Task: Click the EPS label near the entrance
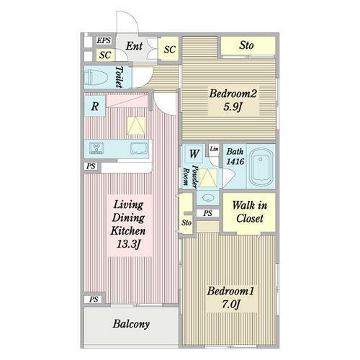tap(104, 40)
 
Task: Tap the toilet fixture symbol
tap(96, 77)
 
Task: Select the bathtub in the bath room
tap(261, 166)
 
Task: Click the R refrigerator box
tap(95, 106)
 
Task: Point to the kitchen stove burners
tap(96, 148)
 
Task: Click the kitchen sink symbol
tap(139, 148)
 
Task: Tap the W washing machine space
tap(194, 154)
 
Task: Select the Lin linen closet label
tap(214, 149)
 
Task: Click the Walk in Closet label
tap(249, 212)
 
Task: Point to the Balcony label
tap(131, 324)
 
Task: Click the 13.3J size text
tap(128, 244)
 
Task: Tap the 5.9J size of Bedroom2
tap(232, 107)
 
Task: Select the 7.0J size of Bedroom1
tap(230, 305)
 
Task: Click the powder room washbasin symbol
tap(207, 198)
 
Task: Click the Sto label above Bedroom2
tap(246, 45)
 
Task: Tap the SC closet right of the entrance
tap(169, 49)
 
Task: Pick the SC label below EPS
tap(105, 55)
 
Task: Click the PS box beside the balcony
tap(94, 299)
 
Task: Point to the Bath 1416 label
tap(235, 156)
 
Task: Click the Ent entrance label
tap(134, 46)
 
